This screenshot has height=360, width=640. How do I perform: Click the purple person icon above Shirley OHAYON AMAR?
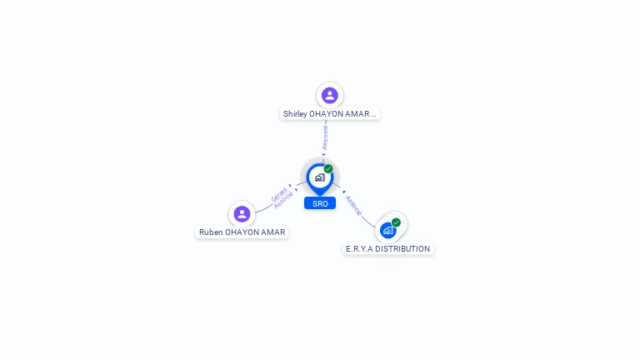[330, 95]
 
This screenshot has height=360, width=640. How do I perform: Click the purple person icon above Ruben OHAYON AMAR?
[242, 214]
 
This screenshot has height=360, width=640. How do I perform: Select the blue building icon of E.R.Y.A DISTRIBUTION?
[388, 230]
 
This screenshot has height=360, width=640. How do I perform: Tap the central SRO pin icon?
[319, 177]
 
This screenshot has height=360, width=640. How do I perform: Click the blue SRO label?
[320, 203]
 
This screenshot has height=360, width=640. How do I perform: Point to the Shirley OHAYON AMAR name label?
[330, 114]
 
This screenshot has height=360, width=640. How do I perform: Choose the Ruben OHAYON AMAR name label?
[242, 232]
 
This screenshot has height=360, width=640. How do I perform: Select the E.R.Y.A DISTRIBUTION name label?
[388, 249]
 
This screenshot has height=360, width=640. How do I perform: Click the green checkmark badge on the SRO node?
[328, 168]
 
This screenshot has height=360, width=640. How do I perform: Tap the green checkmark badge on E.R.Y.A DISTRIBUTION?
[396, 222]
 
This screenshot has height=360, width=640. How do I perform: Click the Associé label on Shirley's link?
[325, 137]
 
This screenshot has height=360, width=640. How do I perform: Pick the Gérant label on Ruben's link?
[278, 195]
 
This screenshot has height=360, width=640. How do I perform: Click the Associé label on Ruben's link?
[284, 201]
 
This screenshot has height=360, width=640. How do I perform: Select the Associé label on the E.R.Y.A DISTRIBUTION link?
[353, 206]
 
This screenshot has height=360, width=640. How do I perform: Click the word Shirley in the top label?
[294, 114]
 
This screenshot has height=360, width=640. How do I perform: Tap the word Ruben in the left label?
[211, 232]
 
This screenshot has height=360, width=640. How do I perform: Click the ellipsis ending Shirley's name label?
[373, 114]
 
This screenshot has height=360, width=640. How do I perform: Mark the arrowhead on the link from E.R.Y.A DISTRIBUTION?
[343, 192]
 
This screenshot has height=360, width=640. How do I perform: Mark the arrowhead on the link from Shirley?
[324, 155]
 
